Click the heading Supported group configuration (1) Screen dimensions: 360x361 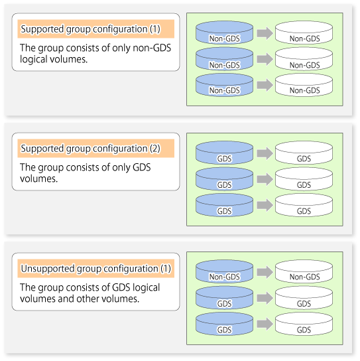click(x=90, y=29)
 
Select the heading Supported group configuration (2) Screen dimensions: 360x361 click(x=90, y=149)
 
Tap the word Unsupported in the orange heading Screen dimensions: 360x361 click(x=48, y=269)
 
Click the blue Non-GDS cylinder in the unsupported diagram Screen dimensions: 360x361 click(x=224, y=271)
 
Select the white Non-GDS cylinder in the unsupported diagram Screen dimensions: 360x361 click(x=304, y=271)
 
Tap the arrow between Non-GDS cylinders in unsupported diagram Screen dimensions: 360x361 click(x=265, y=272)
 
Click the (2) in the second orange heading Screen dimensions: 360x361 click(x=155, y=149)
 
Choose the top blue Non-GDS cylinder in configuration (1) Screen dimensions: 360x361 click(x=224, y=33)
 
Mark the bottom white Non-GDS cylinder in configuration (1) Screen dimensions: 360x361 click(x=304, y=85)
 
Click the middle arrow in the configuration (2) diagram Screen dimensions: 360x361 click(x=265, y=179)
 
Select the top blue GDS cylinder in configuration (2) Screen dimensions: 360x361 click(x=224, y=153)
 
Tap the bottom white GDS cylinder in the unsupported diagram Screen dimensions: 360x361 click(x=304, y=324)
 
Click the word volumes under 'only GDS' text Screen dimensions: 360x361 click(x=38, y=179)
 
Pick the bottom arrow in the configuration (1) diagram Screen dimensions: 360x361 click(x=265, y=85)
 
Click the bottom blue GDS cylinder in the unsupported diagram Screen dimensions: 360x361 click(x=224, y=324)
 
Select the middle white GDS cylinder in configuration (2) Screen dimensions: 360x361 click(x=304, y=179)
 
